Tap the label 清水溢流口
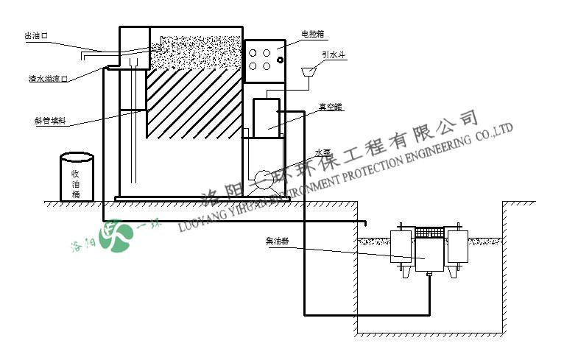point(47,78)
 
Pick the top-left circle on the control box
point(253,52)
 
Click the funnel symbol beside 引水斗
point(310,71)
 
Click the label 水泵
point(323,153)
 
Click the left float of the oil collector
point(401,250)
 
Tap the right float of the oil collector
point(457,250)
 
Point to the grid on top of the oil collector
point(429,232)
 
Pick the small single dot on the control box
point(281,60)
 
